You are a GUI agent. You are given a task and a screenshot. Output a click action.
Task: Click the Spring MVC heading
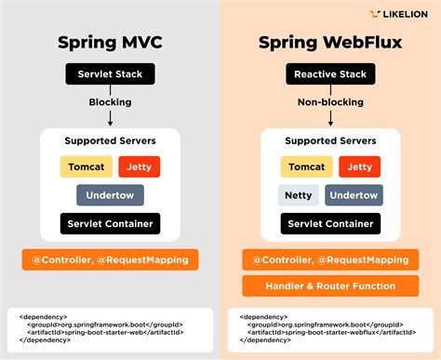click(110, 43)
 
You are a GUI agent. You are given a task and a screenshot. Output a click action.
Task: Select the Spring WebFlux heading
click(330, 43)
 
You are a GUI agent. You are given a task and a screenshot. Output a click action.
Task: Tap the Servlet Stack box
click(110, 73)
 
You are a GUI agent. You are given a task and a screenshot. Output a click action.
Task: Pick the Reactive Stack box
click(330, 73)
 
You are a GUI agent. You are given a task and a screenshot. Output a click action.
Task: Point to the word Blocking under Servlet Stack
click(110, 101)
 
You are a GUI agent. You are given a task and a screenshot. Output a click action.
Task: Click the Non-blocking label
click(330, 101)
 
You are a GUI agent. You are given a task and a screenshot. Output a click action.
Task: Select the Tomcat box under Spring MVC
click(86, 167)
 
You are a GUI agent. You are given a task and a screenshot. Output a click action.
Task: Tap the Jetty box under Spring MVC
click(140, 167)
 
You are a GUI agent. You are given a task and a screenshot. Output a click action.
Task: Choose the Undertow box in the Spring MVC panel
click(110, 195)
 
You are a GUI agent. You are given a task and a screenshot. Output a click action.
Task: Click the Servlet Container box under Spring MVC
click(110, 224)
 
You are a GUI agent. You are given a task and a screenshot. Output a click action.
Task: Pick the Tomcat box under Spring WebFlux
click(306, 167)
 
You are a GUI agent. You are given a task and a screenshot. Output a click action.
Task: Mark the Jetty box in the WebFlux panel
click(360, 167)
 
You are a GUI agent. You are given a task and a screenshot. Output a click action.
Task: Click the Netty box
click(298, 195)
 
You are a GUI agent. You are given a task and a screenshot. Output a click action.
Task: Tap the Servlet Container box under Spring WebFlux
click(330, 224)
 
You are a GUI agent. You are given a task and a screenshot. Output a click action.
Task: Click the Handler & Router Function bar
click(330, 286)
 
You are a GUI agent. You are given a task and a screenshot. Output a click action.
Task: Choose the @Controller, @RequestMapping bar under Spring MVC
click(110, 260)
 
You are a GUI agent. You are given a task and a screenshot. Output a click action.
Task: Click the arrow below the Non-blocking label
click(330, 118)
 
